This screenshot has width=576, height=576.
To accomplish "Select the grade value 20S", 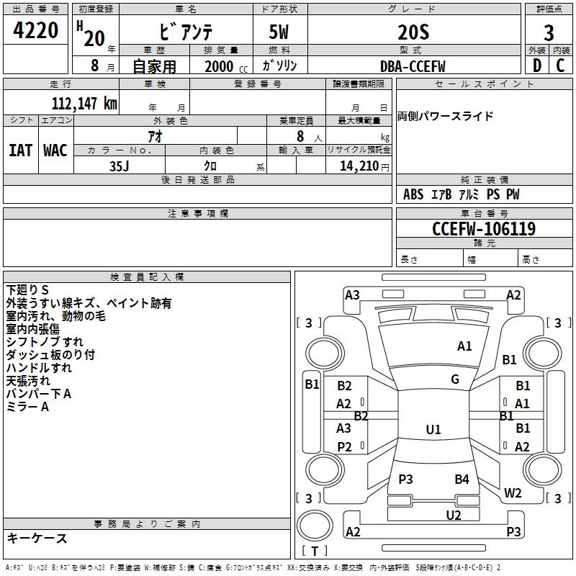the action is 413,32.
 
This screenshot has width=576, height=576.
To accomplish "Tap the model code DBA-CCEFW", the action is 413,66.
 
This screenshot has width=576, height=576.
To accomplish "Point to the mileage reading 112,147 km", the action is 84,104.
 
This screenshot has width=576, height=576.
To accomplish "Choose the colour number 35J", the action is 119,165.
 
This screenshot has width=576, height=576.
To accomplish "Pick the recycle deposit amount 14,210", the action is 354,166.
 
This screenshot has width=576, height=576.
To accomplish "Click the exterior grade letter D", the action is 536,66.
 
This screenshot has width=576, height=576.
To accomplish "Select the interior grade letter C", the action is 560,66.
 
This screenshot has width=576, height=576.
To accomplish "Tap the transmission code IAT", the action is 20,150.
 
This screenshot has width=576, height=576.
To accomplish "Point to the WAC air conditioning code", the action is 55,150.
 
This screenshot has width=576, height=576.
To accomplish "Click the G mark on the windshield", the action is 455,379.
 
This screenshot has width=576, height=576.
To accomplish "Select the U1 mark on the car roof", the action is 433,430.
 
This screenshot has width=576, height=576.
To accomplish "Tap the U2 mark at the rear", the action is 453,515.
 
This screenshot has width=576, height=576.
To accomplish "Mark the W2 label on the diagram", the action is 513,493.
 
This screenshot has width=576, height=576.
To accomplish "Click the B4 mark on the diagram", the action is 462,480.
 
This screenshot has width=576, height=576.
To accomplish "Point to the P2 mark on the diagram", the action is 344,447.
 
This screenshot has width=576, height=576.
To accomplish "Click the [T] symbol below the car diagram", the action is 314,551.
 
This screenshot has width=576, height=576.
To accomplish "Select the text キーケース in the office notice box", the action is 37,539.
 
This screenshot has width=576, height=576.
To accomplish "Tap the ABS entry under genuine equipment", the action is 413,194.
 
